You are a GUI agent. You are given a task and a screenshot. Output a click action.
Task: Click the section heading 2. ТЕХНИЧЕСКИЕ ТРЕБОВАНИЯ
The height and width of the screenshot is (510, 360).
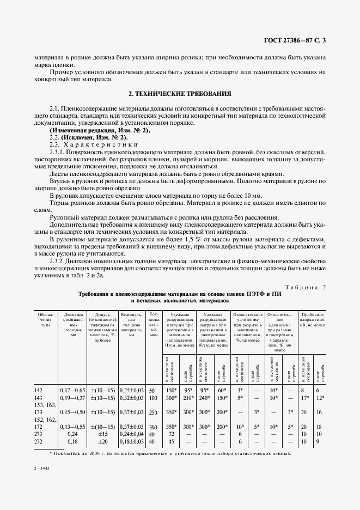pyautogui.click(x=179, y=93)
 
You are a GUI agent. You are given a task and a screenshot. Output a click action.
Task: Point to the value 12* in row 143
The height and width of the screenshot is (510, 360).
pyautogui.click(x=321, y=398)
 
